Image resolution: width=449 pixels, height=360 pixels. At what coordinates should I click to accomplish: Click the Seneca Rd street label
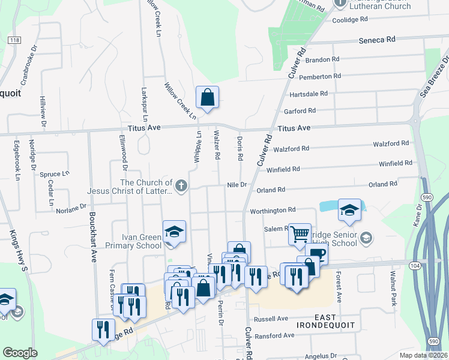[377, 40]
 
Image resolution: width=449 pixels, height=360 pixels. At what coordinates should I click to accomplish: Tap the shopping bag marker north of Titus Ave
[207, 97]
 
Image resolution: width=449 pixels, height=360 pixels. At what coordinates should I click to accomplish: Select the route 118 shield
[14, 40]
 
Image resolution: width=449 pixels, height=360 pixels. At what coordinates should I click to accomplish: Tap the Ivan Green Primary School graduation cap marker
[174, 232]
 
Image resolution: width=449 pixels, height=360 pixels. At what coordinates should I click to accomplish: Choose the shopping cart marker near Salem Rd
[300, 233]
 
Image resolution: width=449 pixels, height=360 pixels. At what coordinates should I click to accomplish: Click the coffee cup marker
[316, 254]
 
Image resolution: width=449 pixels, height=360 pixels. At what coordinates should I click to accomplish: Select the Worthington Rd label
[273, 210]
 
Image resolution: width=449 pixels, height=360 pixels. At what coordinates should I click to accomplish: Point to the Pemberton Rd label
[320, 76]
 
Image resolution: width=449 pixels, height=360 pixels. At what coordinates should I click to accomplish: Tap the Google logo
[20, 353]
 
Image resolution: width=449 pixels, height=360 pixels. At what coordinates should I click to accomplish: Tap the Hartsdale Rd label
[309, 94]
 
